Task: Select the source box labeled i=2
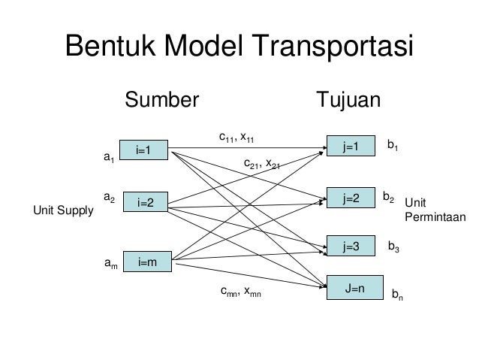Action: click(146, 203)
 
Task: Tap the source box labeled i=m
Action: click(146, 262)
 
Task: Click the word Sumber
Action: click(161, 101)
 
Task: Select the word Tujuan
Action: click(349, 101)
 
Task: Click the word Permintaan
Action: click(435, 216)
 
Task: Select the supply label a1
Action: click(108, 159)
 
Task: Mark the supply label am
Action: click(110, 264)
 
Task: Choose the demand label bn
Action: click(396, 296)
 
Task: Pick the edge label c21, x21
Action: click(262, 163)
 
